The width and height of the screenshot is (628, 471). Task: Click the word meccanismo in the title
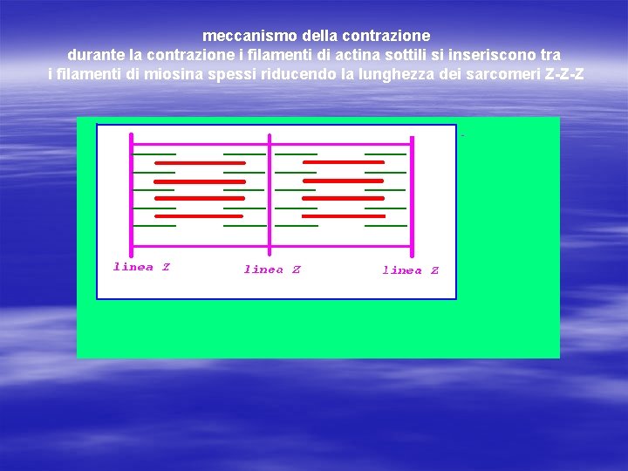(242, 37)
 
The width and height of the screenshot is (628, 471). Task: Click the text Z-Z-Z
(563, 73)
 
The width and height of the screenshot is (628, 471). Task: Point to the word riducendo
(297, 73)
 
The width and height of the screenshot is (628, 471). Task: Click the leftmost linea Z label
(141, 267)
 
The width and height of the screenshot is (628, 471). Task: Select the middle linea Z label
(272, 270)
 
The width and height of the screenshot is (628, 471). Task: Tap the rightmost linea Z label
(411, 270)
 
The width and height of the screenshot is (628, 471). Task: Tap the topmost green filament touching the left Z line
(154, 154)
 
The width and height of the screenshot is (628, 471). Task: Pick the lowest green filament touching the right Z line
(386, 225)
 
